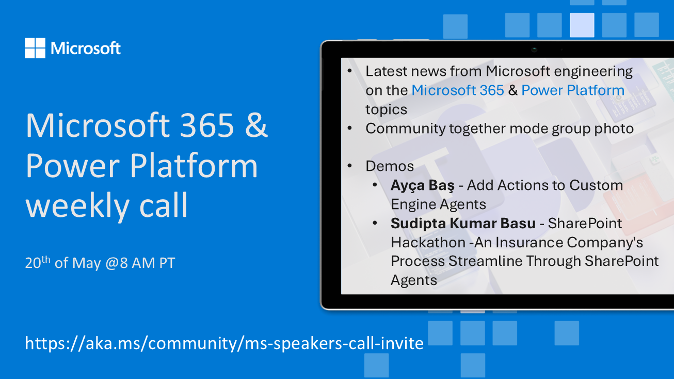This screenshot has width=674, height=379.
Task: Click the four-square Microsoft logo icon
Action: [35, 48]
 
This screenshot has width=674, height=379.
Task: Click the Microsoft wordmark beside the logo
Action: [86, 48]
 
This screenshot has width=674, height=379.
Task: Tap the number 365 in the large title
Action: [207, 125]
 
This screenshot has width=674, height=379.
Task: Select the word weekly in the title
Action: [77, 206]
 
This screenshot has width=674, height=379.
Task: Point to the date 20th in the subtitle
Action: [38, 262]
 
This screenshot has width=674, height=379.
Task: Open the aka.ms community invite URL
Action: [224, 343]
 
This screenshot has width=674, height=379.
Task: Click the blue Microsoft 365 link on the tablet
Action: [458, 90]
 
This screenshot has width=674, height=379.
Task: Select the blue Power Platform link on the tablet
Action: [573, 90]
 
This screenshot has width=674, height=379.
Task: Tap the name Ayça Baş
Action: [423, 185]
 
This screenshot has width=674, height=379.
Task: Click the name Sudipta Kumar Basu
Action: [463, 224]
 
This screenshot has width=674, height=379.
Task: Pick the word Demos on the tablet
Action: [390, 166]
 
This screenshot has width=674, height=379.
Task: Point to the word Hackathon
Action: [428, 242]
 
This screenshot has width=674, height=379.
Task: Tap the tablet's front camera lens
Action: [534, 50]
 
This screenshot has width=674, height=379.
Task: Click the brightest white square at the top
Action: [582, 25]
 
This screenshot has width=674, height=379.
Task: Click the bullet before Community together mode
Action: [349, 128]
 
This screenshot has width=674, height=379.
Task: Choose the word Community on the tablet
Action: [405, 129]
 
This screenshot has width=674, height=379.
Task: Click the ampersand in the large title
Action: [256, 125]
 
